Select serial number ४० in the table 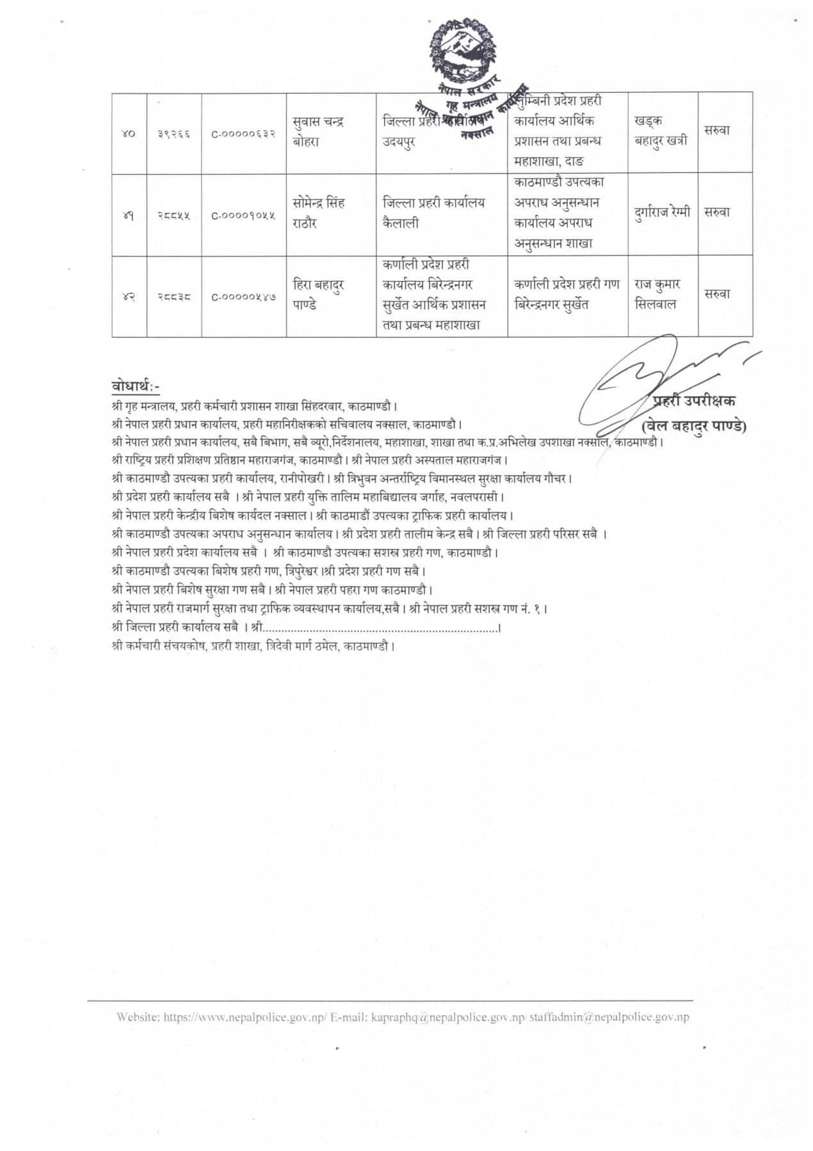pyautogui.click(x=129, y=133)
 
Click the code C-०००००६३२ pyautogui.click(x=244, y=133)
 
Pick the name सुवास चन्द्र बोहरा pyautogui.click(x=318, y=132)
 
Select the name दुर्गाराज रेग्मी pyautogui.click(x=662, y=213)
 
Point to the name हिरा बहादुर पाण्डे pyautogui.click(x=318, y=295)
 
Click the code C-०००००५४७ pyautogui.click(x=244, y=296)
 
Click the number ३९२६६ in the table pyautogui.click(x=174, y=133)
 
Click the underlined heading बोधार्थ pyautogui.click(x=134, y=386)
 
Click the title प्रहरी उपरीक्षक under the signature pyautogui.click(x=695, y=401)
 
